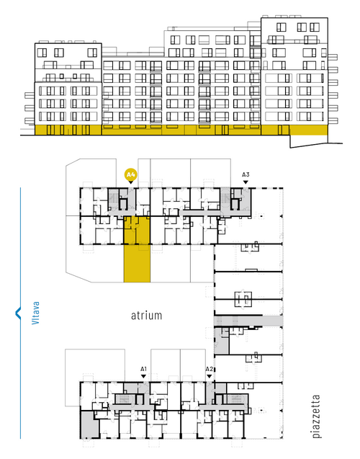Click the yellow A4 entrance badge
click(x=130, y=175)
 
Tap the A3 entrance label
click(x=246, y=175)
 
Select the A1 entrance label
click(x=143, y=369)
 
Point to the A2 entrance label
click(x=209, y=369)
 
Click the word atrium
click(x=146, y=316)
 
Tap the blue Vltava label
click(x=35, y=313)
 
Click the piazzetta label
click(x=316, y=416)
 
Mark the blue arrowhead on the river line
click(x=18, y=313)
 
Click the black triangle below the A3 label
click(x=246, y=182)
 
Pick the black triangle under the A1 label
click(x=143, y=376)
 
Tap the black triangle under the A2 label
click(x=209, y=376)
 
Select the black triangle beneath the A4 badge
click(x=131, y=182)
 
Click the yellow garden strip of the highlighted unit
click(x=137, y=264)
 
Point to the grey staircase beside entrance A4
click(x=113, y=198)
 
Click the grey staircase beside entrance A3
click(x=225, y=198)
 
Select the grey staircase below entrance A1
click(x=125, y=398)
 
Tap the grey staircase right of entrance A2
click(x=235, y=398)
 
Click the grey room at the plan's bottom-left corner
click(x=89, y=424)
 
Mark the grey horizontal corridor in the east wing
click(x=248, y=321)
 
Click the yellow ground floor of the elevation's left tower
click(x=68, y=130)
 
